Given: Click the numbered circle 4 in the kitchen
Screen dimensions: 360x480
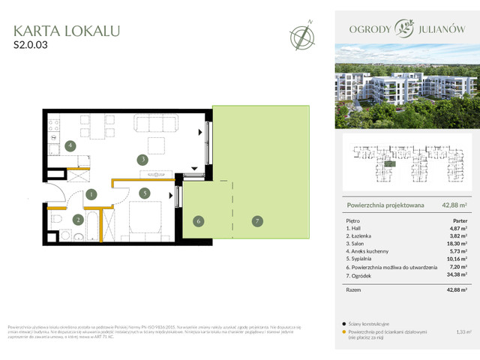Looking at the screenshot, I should click(69, 145).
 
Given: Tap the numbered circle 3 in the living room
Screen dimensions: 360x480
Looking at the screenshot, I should click(142, 159).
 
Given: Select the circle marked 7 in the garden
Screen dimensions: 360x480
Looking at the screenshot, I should click(256, 221).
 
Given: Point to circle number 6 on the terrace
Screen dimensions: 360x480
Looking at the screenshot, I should click(198, 221).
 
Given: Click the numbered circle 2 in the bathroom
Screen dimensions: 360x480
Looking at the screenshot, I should click(77, 220).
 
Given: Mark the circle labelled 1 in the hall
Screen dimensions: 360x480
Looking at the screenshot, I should click(91, 195).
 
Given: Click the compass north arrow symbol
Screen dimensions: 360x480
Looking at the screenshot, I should click(303, 35).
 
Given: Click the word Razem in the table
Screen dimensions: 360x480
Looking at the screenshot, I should click(355, 289).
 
